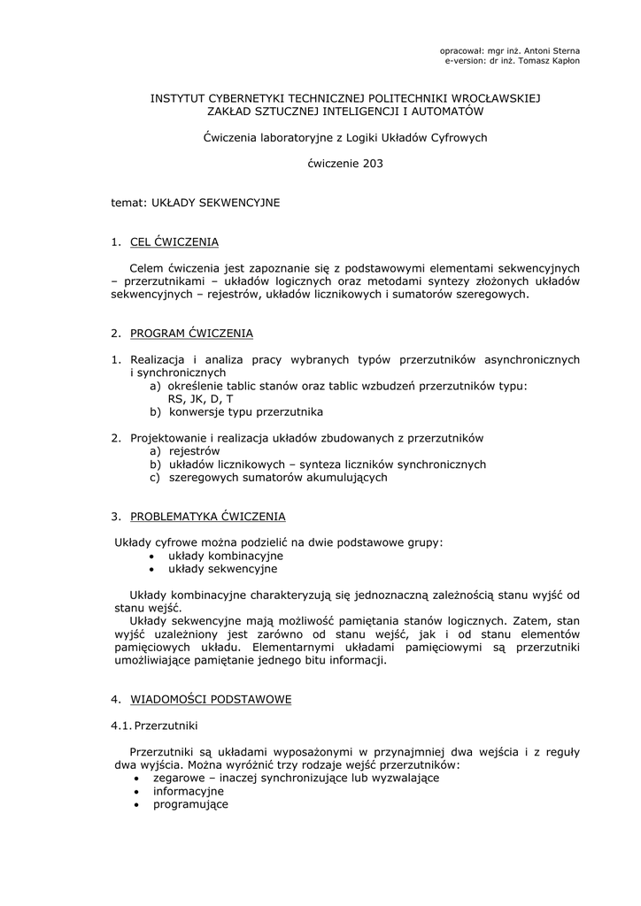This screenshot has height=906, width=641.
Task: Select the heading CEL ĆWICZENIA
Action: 174,242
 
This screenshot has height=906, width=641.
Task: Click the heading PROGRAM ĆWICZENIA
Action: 191,334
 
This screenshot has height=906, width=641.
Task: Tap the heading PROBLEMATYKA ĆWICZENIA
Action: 207,517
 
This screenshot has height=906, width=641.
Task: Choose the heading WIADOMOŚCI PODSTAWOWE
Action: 211,700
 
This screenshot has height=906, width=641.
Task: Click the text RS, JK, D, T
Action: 200,399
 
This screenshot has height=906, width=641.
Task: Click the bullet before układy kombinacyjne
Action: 152,557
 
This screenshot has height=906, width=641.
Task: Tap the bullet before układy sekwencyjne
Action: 152,569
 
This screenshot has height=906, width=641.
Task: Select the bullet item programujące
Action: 190,804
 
